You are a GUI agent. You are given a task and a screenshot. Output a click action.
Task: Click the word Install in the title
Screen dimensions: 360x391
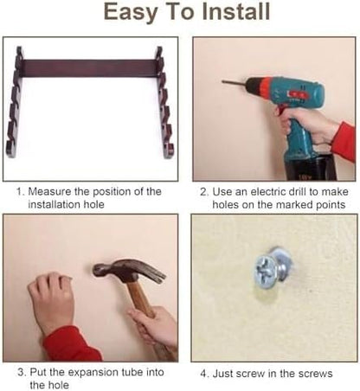235,11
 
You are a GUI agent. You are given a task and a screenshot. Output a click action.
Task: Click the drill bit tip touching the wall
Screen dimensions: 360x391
223,82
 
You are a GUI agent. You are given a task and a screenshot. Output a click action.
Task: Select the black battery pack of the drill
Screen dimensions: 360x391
311,167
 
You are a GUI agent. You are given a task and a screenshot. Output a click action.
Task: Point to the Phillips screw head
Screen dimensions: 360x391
266,272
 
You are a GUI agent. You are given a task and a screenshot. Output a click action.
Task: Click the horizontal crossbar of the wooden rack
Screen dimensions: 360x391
90,68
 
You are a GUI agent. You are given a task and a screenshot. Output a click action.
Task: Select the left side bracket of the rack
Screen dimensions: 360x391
15,102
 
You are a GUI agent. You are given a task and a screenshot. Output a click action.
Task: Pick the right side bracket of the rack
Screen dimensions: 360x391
164,103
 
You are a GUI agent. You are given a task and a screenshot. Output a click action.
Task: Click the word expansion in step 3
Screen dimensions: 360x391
93,372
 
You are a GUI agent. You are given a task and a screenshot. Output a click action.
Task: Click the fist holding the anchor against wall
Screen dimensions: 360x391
51,301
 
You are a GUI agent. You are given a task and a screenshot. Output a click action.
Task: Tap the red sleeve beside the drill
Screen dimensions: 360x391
344,141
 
